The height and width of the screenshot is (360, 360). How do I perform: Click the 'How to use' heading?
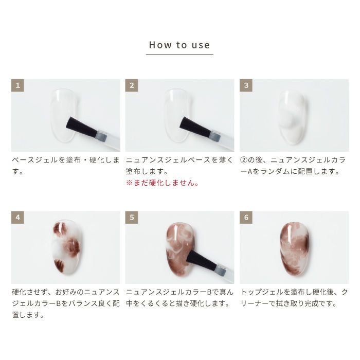(x=179, y=45)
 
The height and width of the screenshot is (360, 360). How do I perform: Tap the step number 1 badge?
(x=17, y=85)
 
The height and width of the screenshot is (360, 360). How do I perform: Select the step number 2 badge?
(x=132, y=85)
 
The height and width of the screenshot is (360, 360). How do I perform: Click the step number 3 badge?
(x=246, y=85)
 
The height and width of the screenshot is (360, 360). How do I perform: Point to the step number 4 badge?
(x=17, y=218)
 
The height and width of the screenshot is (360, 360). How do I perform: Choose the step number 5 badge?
(x=132, y=218)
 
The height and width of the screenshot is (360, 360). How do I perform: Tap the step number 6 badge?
(x=246, y=218)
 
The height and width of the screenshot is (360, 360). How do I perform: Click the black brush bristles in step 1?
(x=82, y=127)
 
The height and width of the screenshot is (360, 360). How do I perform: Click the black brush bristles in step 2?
(x=195, y=127)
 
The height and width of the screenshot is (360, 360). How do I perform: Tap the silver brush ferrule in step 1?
(x=101, y=136)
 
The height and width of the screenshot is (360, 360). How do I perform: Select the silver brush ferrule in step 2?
(x=215, y=136)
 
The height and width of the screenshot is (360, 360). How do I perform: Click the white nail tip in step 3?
(x=292, y=117)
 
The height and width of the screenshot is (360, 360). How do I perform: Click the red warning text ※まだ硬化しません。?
(x=163, y=183)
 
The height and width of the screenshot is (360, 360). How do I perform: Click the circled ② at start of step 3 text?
(x=244, y=160)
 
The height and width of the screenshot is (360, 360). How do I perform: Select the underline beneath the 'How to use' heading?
(x=179, y=55)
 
